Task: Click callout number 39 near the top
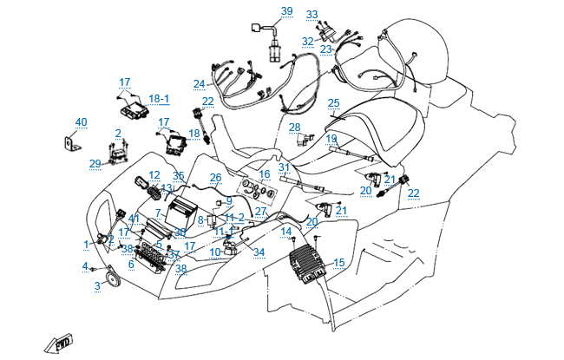[286, 11]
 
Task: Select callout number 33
[312, 15]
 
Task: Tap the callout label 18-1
[159, 99]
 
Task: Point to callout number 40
[81, 122]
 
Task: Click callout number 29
[95, 163]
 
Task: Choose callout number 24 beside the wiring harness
[200, 84]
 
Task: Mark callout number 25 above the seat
[333, 102]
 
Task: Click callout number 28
[295, 128]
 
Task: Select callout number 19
[331, 139]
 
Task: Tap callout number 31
[283, 167]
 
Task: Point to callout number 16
[265, 174]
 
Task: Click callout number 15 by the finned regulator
[338, 262]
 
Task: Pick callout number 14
[285, 231]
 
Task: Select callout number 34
[259, 252]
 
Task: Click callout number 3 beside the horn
[98, 285]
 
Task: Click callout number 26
[215, 178]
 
